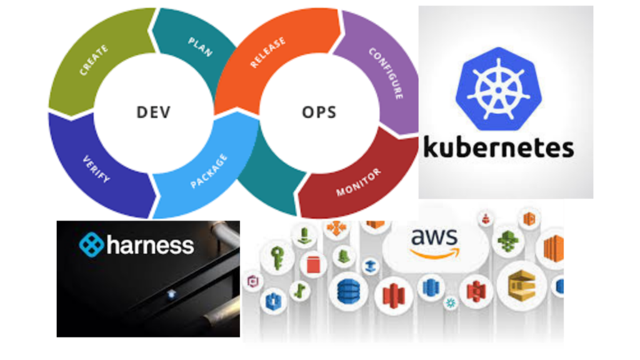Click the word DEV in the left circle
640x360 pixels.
(153, 112)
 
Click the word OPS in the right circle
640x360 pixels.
(319, 112)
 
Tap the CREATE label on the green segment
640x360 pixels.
(94, 60)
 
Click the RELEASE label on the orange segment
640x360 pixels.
(268, 52)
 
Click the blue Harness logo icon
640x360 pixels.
(91, 244)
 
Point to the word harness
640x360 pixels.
(150, 244)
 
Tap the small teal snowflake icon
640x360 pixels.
(449, 303)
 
